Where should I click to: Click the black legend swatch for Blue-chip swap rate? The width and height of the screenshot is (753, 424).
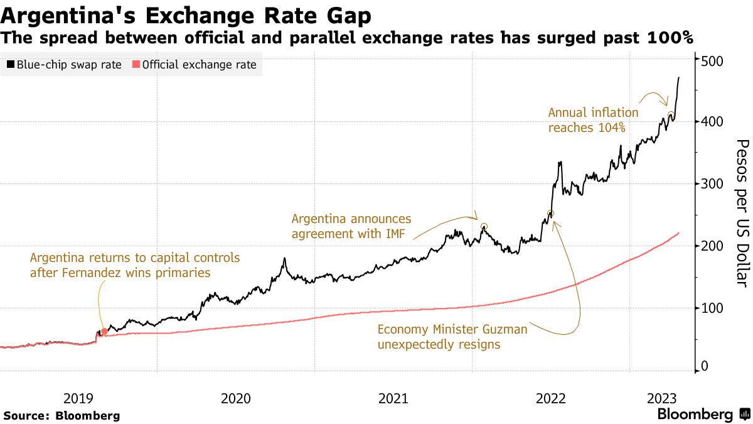(11, 64)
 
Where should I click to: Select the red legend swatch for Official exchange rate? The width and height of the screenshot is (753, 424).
(136, 64)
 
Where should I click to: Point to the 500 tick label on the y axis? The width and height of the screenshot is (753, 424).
(713, 61)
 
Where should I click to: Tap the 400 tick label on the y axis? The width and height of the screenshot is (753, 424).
(713, 121)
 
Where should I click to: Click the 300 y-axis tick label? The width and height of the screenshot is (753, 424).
(713, 184)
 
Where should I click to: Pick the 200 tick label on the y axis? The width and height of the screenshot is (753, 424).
(713, 246)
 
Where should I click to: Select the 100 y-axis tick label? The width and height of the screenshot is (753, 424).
(713, 308)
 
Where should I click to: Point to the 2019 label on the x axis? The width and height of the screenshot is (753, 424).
(78, 398)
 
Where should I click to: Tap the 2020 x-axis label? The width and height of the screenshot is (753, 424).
(236, 398)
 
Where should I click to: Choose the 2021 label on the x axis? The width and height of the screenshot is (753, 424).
(393, 398)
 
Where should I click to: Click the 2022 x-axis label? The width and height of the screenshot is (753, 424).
(551, 398)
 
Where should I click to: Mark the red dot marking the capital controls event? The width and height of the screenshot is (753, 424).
(104, 331)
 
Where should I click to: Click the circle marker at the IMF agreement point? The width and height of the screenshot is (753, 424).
(484, 227)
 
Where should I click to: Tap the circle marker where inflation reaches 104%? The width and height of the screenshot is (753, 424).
(671, 116)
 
